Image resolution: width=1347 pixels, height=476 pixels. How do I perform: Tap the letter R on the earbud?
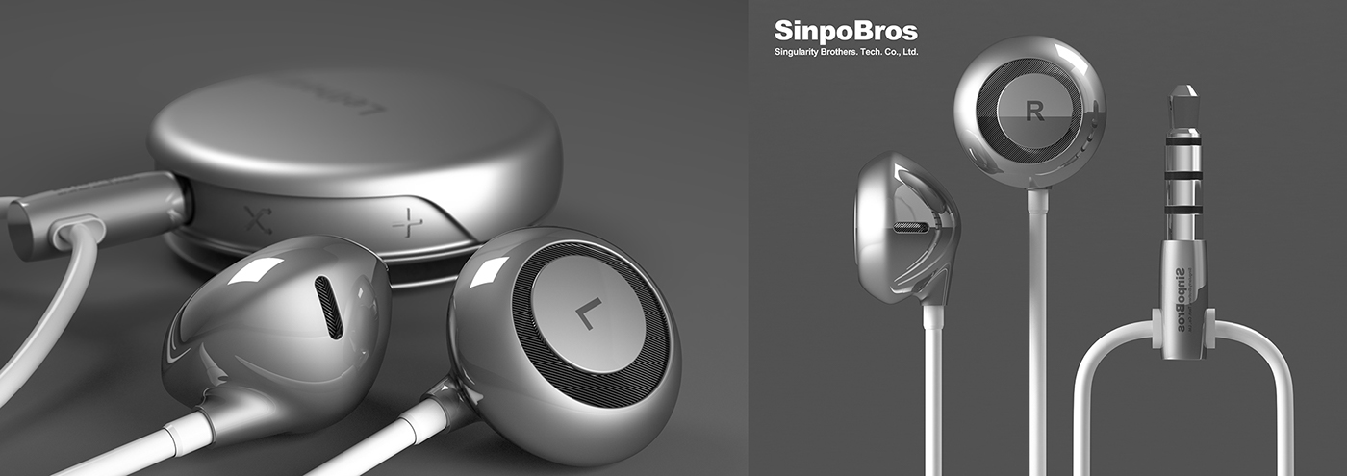pos(1035,112)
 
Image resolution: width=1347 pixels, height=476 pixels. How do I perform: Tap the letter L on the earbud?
pos(585,313)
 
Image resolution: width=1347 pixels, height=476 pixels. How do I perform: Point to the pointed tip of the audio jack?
pos(1184,96)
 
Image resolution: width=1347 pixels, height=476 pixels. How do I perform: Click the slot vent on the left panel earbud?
pos(328,308)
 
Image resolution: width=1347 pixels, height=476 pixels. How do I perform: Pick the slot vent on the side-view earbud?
pos(912,229)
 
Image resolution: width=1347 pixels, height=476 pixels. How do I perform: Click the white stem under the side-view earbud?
pos(932,385)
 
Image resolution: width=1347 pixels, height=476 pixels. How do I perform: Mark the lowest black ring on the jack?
pos(1183,209)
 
